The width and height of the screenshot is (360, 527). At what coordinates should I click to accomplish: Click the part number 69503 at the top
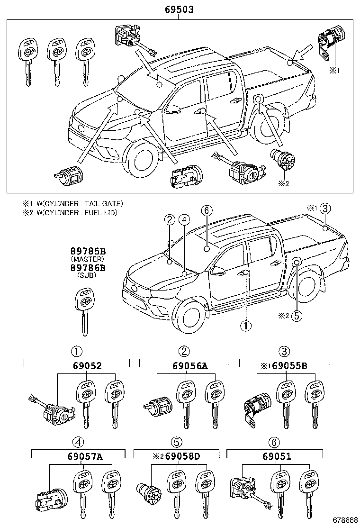pyautogui.click(x=179, y=9)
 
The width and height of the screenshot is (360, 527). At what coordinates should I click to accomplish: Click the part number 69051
pyautogui.click(x=274, y=457)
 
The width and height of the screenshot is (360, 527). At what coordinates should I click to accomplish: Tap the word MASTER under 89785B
pyautogui.click(x=87, y=260)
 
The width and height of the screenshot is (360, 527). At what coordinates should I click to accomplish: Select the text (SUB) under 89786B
pyautogui.click(x=87, y=275)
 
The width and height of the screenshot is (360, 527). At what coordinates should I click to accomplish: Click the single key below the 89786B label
pyautogui.click(x=84, y=310)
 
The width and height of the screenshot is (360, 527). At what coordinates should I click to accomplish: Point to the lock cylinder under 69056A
pyautogui.click(x=158, y=406)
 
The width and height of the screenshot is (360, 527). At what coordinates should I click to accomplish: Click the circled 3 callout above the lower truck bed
pyautogui.click(x=325, y=208)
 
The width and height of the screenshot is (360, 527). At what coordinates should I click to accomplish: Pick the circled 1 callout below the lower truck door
pyautogui.click(x=245, y=326)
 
